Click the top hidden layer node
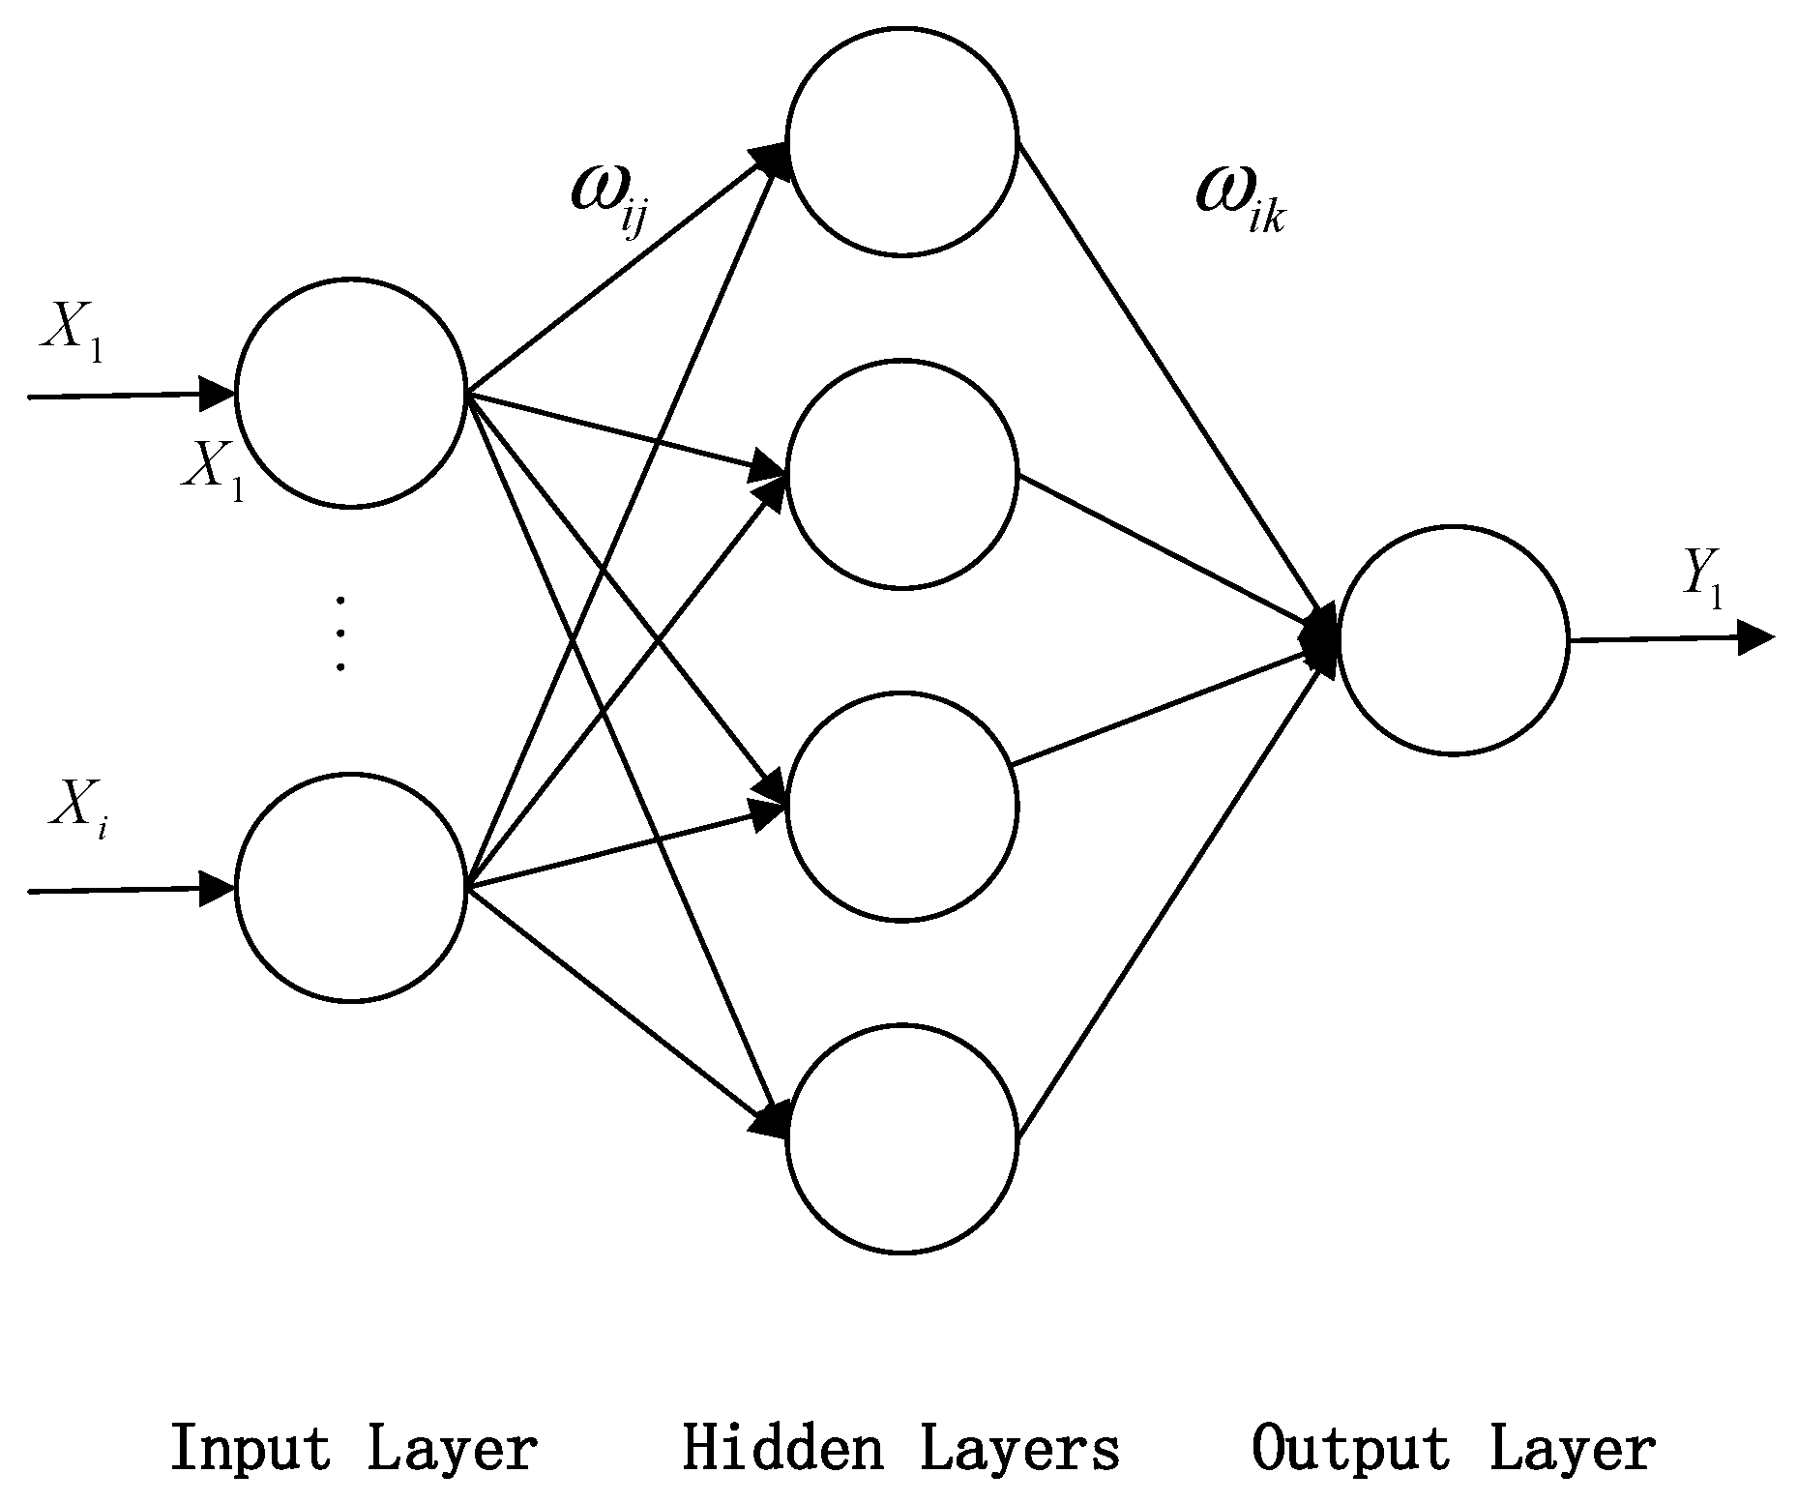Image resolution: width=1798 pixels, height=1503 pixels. pos(901,141)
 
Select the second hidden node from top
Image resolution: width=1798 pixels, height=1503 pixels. pos(901,473)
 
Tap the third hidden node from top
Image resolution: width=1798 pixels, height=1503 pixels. pos(901,806)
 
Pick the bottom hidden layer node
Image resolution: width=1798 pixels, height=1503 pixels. pos(901,1138)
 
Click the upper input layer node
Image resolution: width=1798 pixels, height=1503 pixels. pos(351,392)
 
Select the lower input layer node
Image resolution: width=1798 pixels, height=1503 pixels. pos(351,887)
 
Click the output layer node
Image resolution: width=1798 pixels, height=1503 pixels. pos(1453,639)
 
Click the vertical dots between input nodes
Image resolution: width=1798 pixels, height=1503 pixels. pos(339,634)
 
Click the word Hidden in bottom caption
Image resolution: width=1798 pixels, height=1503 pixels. pos(781,1449)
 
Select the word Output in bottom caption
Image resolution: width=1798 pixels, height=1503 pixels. pos(1350,1449)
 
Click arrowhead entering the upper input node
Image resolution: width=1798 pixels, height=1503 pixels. pos(217,394)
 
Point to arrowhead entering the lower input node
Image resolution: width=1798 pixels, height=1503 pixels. pos(217,889)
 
